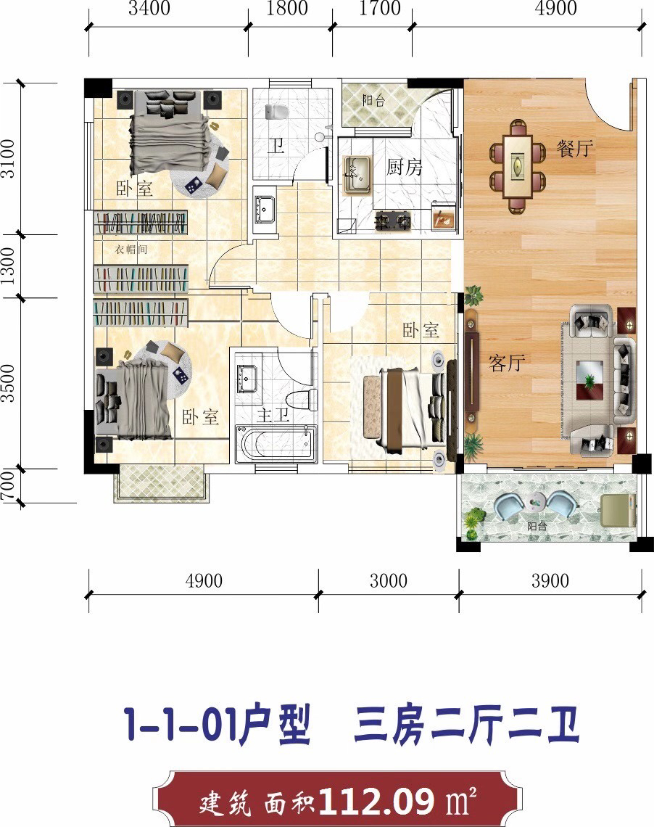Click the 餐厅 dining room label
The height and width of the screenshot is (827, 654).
574,149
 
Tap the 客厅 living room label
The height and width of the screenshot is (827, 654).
506,363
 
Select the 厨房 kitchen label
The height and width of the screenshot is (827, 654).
404,167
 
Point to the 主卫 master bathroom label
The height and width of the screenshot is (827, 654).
273,414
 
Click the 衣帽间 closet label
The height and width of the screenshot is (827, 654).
131,250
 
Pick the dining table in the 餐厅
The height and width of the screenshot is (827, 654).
517,166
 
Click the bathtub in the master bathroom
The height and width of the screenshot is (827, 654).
276,444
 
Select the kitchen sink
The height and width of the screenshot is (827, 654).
357,175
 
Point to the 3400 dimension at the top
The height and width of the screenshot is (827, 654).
149,9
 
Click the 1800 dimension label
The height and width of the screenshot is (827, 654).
287,9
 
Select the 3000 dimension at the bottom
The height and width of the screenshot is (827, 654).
389,580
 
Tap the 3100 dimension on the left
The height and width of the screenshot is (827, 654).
9,158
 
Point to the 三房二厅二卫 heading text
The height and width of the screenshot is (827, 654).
467,725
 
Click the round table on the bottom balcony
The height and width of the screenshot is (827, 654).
537,501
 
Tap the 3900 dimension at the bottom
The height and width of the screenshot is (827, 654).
550,580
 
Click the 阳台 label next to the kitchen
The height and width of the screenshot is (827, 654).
373,100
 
